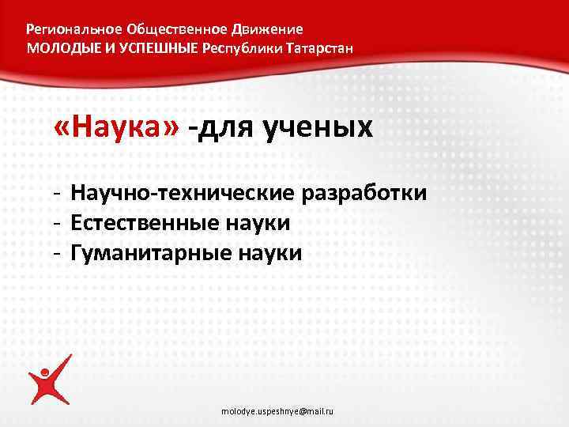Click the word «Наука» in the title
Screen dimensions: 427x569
point(118,127)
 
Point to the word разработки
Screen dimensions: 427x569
point(371,193)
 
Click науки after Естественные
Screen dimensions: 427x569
point(262,224)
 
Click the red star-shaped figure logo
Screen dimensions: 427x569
point(50,381)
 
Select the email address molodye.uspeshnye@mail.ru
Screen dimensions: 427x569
point(277,412)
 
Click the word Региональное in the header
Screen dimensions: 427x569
point(73,29)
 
